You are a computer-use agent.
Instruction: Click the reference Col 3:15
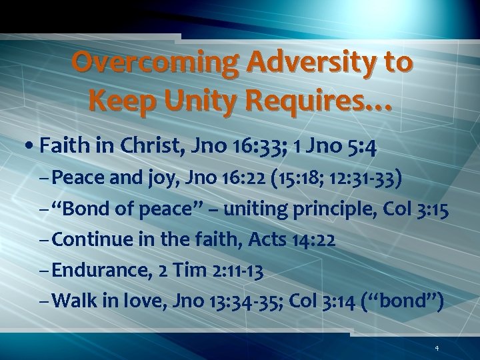tap(416, 209)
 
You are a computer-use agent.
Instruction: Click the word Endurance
tap(89, 270)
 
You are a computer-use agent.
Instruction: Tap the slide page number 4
tap(437, 348)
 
